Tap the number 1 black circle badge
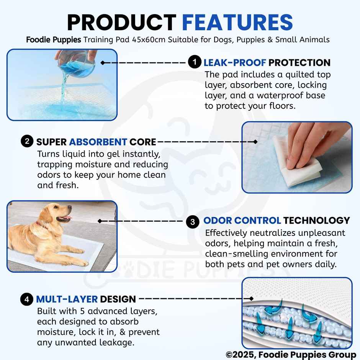click(x=195, y=62)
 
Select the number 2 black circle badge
click(x=27, y=142)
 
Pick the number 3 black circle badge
click(x=193, y=221)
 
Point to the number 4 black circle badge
click(x=27, y=299)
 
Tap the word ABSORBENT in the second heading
click(x=98, y=142)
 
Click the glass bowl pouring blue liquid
click(x=75, y=61)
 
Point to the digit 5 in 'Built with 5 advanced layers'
click(x=80, y=310)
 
